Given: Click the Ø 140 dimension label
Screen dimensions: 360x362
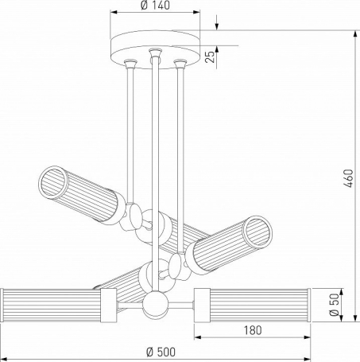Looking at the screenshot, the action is (155, 6).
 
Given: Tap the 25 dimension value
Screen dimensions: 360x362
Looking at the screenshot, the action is (210, 56).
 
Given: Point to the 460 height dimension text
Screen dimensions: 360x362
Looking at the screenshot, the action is (349, 178).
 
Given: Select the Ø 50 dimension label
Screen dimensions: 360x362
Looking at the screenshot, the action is (335, 305).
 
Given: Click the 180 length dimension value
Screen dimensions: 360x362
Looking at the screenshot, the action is (253, 330).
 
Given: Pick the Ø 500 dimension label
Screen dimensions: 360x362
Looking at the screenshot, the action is (161, 352).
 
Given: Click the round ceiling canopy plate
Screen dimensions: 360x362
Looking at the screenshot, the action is (155, 49).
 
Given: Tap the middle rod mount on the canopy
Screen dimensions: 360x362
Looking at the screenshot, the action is (155, 53).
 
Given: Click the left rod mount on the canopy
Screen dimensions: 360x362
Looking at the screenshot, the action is (130, 64).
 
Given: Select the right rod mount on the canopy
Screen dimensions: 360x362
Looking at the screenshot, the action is (180, 64).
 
